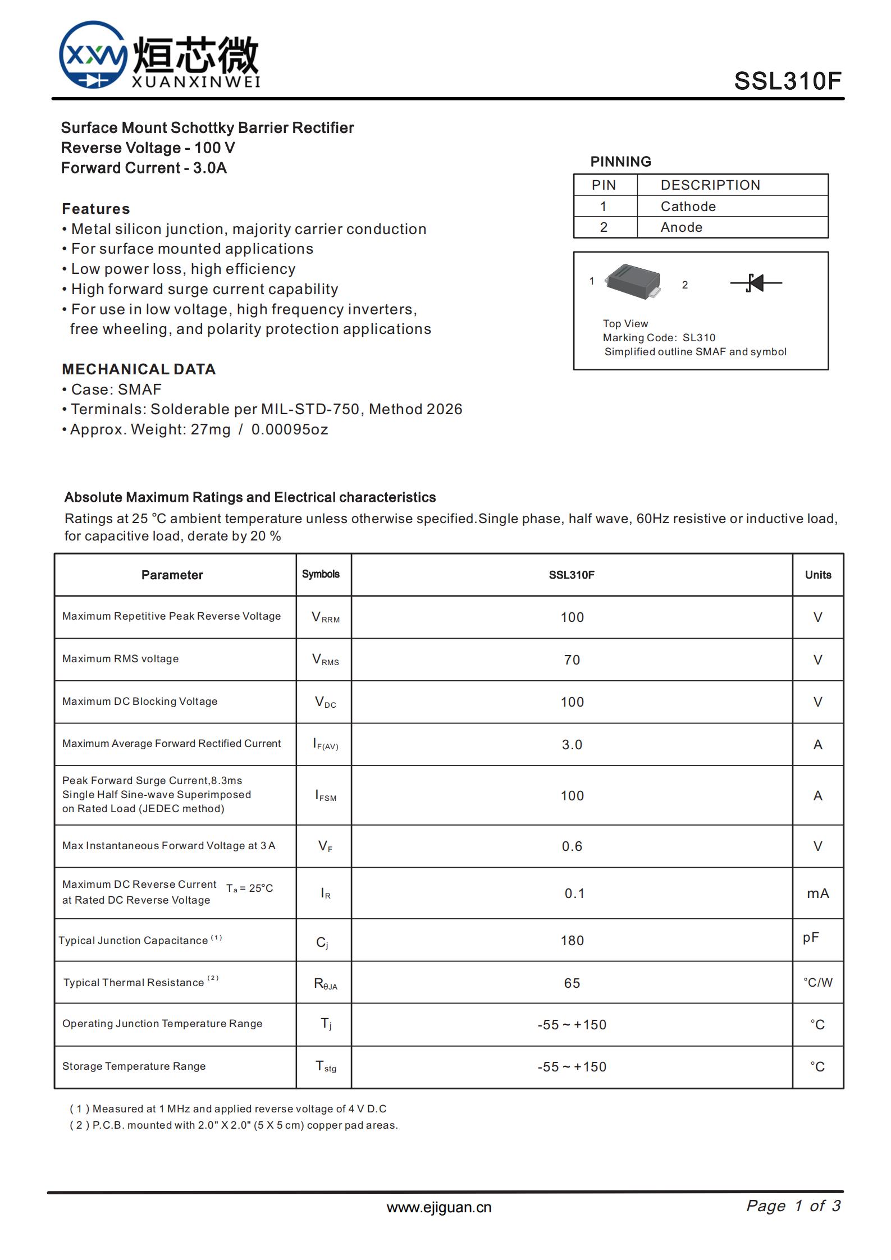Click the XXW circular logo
[x=93, y=55]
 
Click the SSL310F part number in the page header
[x=787, y=81]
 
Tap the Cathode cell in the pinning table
[x=688, y=207]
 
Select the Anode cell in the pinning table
[x=681, y=227]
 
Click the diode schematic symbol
[x=756, y=283]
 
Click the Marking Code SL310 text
[x=659, y=338]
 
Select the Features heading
[x=96, y=209]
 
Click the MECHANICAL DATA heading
[x=139, y=369]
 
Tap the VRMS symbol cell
[x=325, y=659]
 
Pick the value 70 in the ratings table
[x=572, y=660]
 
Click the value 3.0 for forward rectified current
[x=572, y=745]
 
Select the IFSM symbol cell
[x=325, y=796]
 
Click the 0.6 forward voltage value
[x=572, y=846]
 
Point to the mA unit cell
[x=817, y=894]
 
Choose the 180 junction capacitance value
[x=572, y=941]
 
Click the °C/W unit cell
[x=817, y=983]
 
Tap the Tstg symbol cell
[x=325, y=1066]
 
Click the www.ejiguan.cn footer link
[x=438, y=1208]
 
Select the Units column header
[x=817, y=575]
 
